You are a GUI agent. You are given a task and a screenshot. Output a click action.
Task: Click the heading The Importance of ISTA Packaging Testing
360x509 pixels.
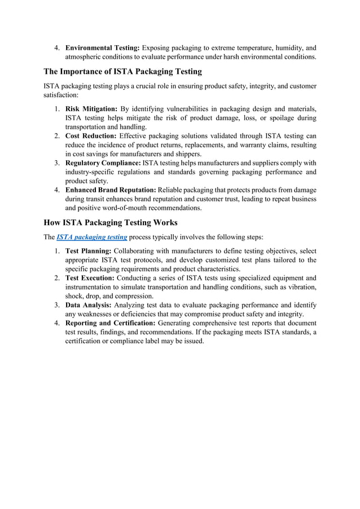point(122,72)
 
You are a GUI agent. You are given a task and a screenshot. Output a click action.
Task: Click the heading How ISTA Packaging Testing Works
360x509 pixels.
point(111,222)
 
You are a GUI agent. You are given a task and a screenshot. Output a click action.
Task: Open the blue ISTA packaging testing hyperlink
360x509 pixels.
point(92,237)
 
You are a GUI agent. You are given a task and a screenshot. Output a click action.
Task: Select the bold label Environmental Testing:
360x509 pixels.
point(103,47)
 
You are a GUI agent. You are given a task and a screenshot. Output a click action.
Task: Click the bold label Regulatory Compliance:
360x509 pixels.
point(103,163)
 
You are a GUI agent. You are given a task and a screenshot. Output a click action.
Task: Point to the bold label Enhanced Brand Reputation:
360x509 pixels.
point(111,190)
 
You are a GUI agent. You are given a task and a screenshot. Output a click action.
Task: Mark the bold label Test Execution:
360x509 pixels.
point(91,278)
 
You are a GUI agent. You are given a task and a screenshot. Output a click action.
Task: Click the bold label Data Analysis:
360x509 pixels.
point(87,305)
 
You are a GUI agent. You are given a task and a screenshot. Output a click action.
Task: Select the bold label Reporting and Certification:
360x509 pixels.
point(111,323)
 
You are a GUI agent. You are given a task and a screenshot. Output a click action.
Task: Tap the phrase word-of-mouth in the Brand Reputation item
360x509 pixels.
point(142,208)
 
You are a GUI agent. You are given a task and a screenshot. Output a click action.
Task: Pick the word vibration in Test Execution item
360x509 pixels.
point(301,287)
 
